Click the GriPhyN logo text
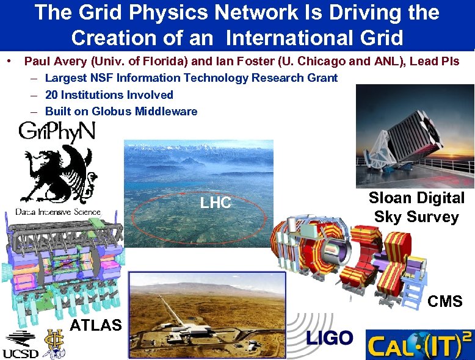(56, 132)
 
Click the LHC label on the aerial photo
(216, 203)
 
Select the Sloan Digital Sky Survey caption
(416, 207)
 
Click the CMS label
(445, 301)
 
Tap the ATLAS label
(96, 325)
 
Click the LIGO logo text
(329, 338)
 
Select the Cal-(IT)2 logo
(419, 344)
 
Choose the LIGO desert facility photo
(208, 315)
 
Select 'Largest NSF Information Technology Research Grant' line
(191, 77)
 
